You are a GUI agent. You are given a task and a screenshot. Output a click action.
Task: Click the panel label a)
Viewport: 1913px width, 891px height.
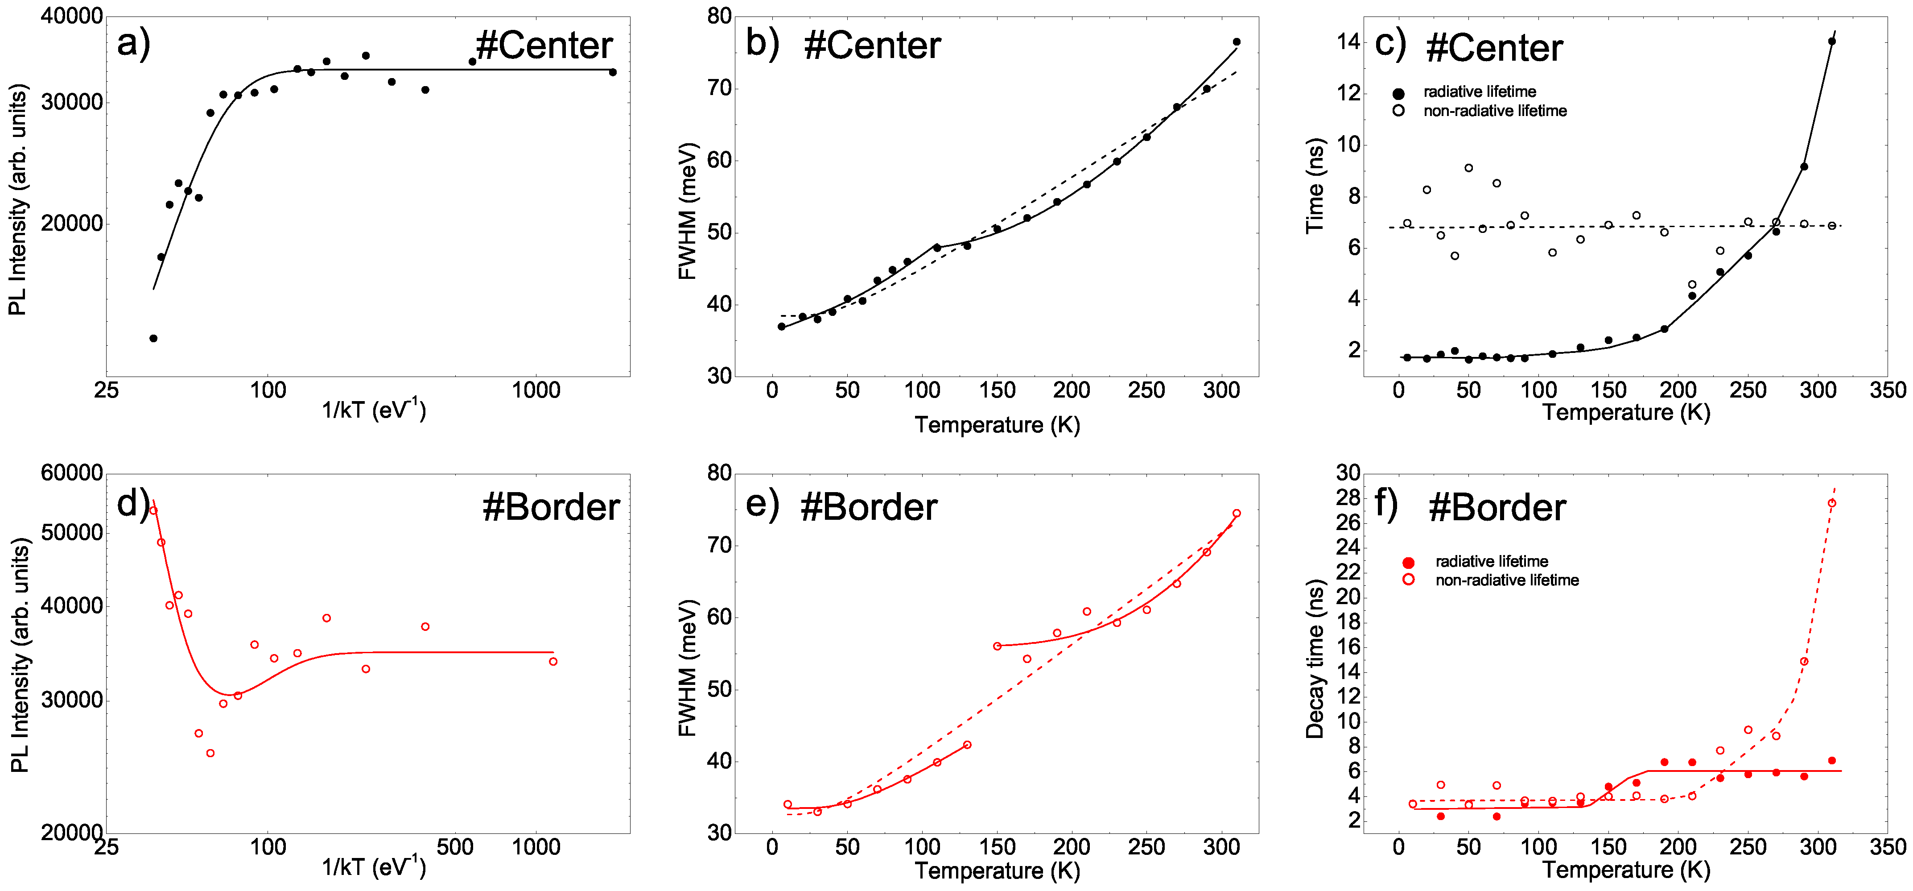[134, 43]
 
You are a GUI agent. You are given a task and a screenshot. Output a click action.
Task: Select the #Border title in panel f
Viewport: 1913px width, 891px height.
[1497, 508]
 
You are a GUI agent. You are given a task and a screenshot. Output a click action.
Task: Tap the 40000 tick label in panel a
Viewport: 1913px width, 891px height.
[71, 17]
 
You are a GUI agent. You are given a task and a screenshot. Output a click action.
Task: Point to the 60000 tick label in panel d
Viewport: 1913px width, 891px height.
[71, 473]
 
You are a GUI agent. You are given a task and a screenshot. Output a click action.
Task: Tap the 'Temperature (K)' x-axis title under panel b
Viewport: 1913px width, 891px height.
[997, 425]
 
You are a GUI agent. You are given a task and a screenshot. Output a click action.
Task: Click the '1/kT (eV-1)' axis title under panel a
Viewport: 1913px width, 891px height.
[374, 410]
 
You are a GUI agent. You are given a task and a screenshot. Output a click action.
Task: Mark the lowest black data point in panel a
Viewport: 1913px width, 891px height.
[153, 339]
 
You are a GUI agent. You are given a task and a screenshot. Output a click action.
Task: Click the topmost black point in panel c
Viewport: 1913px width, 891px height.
[1832, 41]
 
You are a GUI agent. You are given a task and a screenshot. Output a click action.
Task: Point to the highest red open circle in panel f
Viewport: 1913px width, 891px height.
[1832, 503]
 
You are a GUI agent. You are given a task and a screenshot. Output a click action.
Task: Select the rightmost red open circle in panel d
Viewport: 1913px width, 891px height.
[553, 661]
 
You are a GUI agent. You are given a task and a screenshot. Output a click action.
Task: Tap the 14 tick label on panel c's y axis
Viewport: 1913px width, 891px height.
[1348, 41]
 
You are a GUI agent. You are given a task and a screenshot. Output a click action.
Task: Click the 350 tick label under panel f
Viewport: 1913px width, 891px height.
[1887, 847]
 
